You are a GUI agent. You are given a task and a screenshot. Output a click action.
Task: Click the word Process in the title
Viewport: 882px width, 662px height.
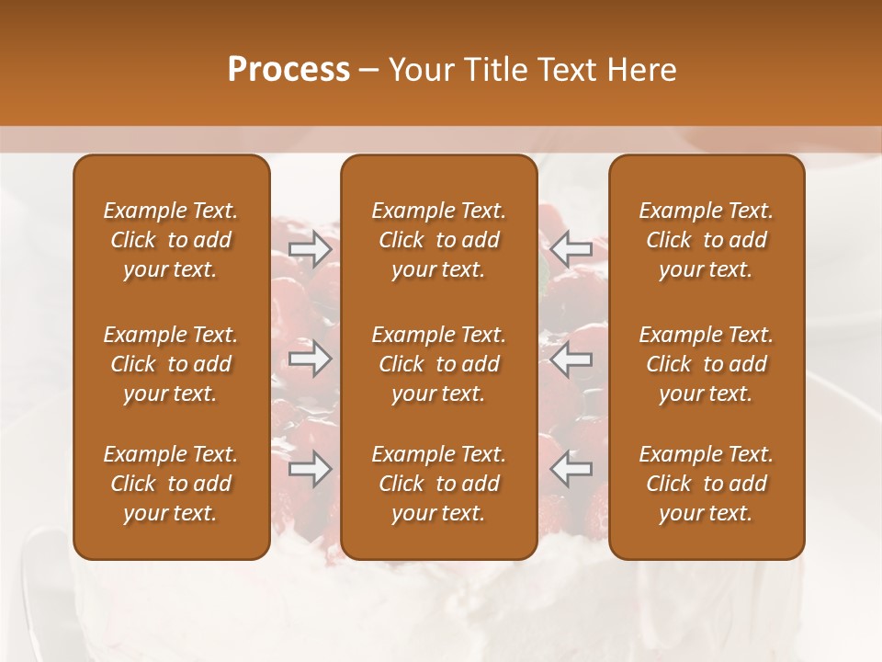288,70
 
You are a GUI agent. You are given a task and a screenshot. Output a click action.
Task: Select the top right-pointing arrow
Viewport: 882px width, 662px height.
311,248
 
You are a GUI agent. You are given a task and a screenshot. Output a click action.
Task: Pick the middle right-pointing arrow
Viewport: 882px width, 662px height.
311,359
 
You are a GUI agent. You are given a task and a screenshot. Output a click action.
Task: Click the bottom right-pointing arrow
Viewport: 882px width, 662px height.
311,469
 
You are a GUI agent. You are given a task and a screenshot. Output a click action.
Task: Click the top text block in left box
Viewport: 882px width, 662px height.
171,240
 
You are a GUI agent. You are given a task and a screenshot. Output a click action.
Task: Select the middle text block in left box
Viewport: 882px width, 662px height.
171,364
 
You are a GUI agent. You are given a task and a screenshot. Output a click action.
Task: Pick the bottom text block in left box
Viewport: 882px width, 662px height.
171,484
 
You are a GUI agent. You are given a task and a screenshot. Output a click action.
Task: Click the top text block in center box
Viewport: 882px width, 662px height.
439,240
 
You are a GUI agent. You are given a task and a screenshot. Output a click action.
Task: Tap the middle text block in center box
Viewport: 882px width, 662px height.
439,364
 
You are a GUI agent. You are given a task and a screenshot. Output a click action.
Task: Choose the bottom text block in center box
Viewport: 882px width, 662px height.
439,484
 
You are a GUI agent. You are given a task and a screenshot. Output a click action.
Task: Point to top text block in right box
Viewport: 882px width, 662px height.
707,240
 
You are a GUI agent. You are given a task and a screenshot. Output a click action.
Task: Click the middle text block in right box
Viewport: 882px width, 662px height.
707,364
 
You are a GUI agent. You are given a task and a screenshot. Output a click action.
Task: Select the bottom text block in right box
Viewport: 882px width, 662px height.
707,484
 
